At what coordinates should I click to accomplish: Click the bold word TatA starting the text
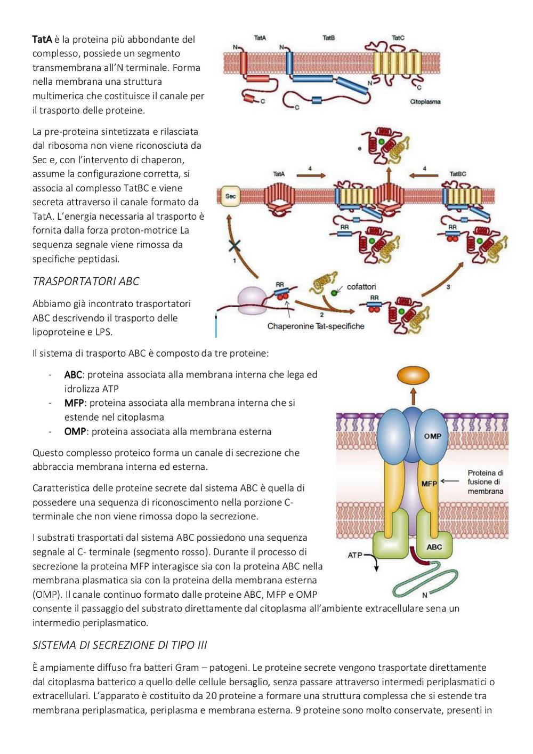point(42,39)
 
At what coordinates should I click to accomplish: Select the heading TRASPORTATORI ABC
point(86,282)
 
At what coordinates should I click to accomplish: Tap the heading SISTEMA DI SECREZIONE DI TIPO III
point(120,645)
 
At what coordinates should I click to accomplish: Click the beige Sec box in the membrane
point(230,196)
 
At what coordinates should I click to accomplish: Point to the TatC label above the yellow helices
point(398,38)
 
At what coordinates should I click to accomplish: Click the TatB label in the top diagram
point(328,38)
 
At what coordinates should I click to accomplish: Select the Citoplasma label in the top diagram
point(425,102)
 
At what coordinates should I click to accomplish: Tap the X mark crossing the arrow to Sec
point(235,246)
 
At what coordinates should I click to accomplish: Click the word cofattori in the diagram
point(361,287)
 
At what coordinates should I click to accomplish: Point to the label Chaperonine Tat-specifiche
point(316,326)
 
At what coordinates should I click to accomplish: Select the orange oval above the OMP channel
point(413,375)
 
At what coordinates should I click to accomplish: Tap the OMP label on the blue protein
point(432,436)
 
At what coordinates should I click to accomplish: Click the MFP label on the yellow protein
point(429,484)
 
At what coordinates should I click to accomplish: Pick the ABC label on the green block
point(434,547)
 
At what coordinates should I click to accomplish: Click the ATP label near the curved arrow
point(355,555)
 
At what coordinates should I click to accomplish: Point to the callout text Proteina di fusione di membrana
point(486,482)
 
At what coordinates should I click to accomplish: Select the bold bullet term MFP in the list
point(74,403)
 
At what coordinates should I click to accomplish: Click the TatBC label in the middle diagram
point(458,174)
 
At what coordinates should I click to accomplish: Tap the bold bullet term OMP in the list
point(75,431)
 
